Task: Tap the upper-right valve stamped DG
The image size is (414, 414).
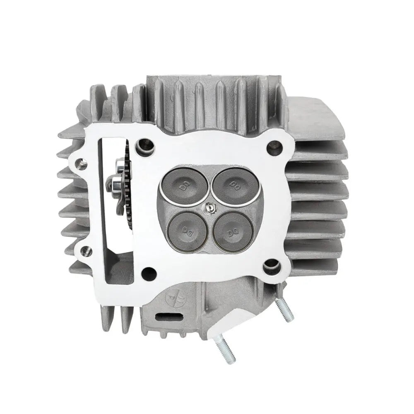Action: [231, 185]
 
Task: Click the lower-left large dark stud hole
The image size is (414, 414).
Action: [148, 272]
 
